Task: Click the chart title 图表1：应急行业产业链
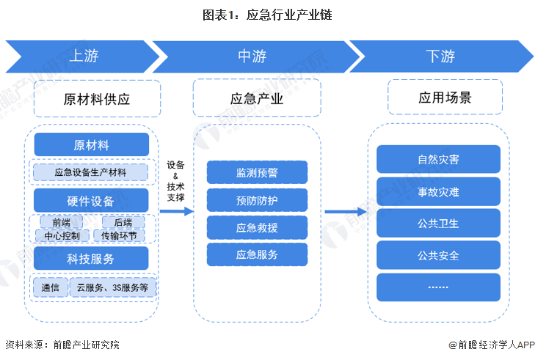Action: click(x=267, y=15)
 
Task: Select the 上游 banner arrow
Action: click(x=83, y=56)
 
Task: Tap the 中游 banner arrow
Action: click(x=252, y=56)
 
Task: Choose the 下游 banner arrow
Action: click(x=440, y=56)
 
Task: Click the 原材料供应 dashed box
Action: click(x=97, y=98)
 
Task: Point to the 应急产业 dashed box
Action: click(x=256, y=98)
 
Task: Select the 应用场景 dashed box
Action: click(x=445, y=98)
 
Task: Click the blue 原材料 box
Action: click(x=92, y=144)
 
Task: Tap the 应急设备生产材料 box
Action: click(x=91, y=173)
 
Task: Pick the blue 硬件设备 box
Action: click(x=92, y=201)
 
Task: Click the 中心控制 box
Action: click(x=62, y=235)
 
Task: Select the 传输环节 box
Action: click(x=119, y=235)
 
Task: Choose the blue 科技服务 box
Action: click(x=92, y=259)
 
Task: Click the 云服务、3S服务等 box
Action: click(x=113, y=287)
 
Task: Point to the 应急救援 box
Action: click(x=256, y=227)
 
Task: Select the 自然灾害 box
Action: click(x=438, y=159)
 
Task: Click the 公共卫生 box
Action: click(x=438, y=223)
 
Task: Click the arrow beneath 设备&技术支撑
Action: click(x=176, y=211)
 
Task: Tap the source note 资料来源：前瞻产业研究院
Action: click(x=62, y=345)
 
